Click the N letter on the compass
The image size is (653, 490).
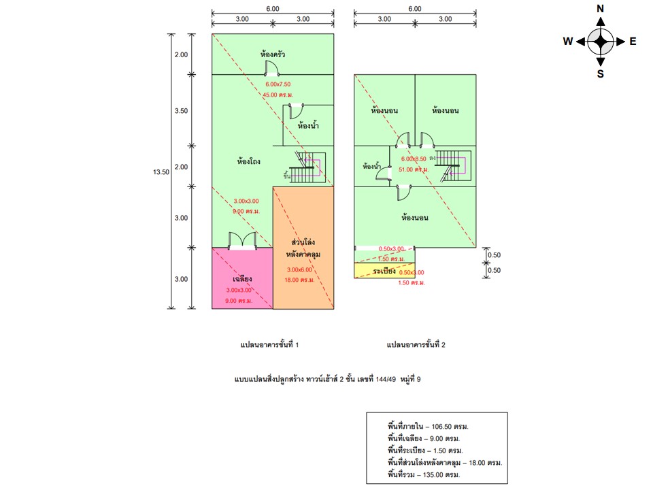pos(600,9)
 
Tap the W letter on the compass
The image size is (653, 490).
pos(567,42)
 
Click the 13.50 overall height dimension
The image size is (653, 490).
pos(161,173)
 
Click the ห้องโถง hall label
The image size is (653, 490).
pos(249,162)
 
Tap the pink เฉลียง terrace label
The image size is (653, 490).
pos(243,278)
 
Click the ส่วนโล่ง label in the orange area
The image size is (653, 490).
pos(303,243)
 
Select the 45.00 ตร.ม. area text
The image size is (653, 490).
pos(278,95)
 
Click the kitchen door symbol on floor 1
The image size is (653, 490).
pos(271,68)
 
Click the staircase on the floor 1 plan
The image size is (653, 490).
pos(308,167)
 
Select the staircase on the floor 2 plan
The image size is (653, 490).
pos(452,165)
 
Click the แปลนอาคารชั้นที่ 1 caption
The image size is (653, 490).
pos(270,345)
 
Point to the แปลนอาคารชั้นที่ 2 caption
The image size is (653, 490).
pos(416,345)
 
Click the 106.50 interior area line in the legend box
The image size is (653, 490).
pos(428,427)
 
